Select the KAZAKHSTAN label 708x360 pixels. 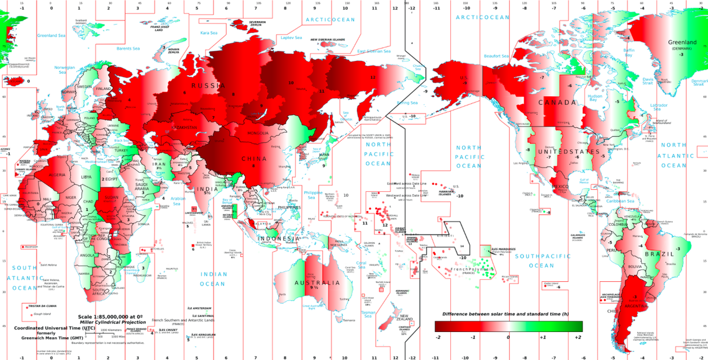[x=185, y=128]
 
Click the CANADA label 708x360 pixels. [x=557, y=102]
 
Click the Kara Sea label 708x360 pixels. [x=208, y=32]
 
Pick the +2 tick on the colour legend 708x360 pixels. [x=577, y=337]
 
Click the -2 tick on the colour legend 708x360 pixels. [x=438, y=337]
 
